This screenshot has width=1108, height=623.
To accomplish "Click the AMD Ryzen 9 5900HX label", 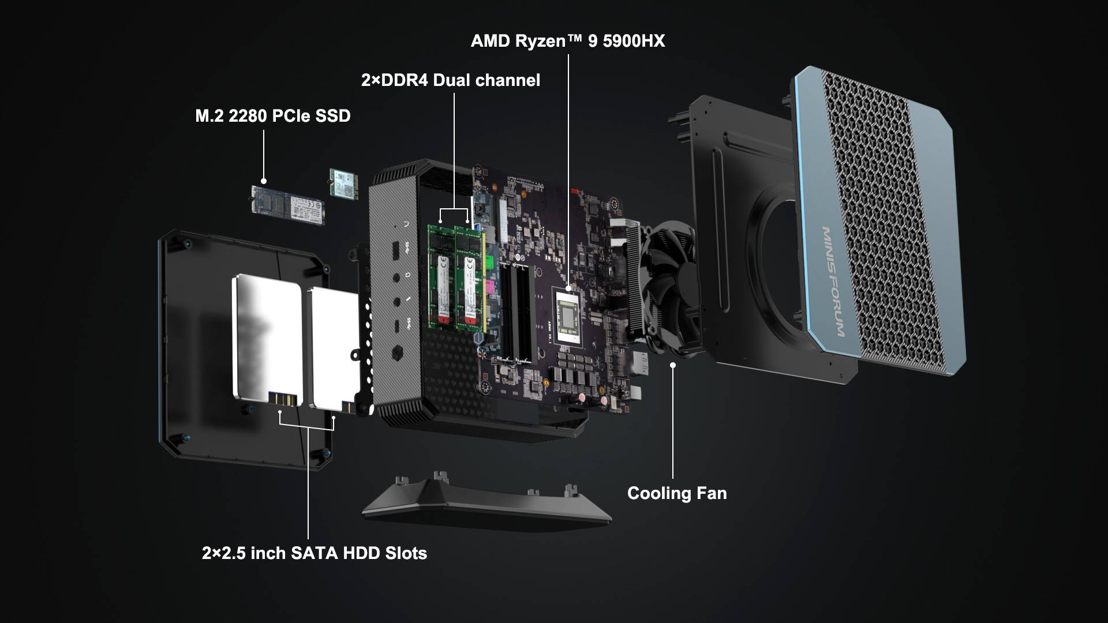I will pos(567,41).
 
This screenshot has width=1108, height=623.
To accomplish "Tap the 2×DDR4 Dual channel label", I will pos(450,80).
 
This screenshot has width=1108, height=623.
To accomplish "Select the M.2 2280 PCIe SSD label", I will pos(272,116).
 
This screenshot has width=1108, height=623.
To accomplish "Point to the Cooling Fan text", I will pos(676,493).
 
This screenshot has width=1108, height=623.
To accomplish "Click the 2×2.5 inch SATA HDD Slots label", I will pos(314,553).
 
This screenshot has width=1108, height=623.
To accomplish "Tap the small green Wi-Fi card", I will pos(343,183).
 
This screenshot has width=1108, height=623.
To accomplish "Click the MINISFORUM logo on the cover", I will pos(833,282).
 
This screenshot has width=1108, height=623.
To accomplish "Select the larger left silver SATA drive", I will pos(267,337).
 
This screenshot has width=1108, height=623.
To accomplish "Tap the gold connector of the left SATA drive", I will pos(285,399).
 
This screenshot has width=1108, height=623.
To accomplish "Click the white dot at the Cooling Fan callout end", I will pos(672,365).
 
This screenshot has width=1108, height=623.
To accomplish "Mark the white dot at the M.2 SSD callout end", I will pos(264,181).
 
